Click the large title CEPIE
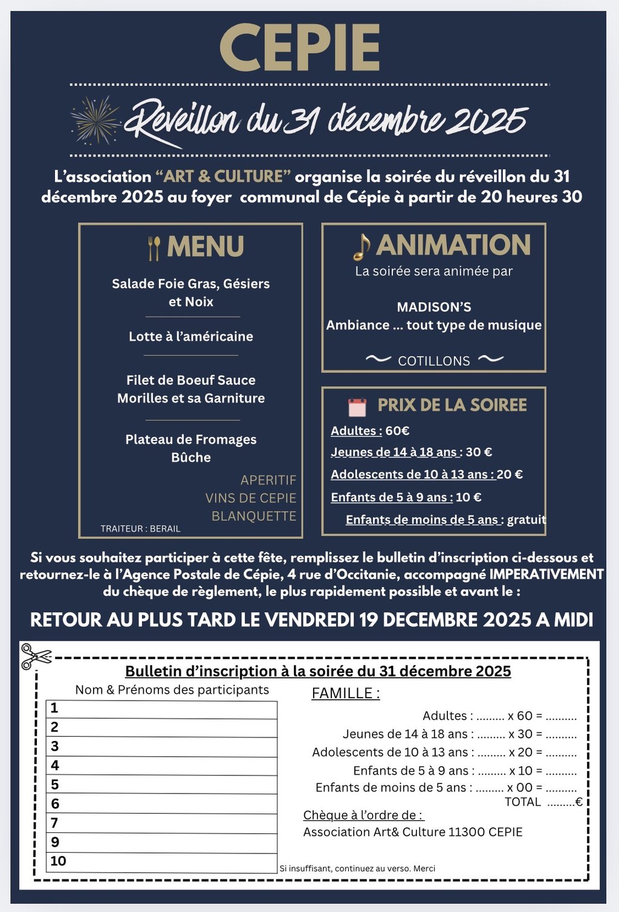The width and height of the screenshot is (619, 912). point(300,48)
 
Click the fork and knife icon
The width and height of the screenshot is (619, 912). point(154,248)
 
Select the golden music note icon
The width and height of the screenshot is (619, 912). point(361,246)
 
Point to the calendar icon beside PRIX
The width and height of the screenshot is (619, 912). point(357,406)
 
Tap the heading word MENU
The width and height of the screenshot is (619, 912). point(206,246)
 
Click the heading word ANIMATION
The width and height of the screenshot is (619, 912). point(453,245)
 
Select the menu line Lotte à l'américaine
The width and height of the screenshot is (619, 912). point(191,336)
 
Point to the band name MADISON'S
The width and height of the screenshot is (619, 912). point(434,307)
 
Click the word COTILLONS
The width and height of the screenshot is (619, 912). point(434,361)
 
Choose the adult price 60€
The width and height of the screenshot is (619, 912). point(397,431)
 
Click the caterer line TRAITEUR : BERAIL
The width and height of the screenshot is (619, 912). point(140,528)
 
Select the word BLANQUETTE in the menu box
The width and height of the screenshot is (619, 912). point(254,516)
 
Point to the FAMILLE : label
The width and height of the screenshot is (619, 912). point(346,693)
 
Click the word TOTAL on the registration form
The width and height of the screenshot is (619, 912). point(523,802)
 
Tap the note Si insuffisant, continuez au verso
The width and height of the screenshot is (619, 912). point(357,869)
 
